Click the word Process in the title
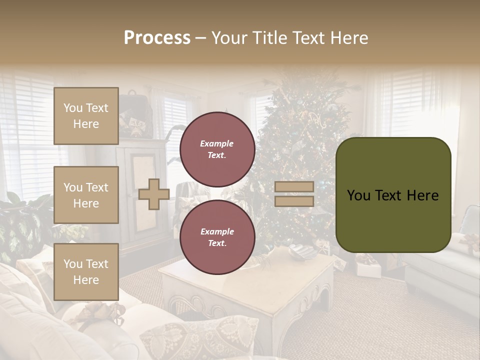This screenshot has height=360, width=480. [157, 38]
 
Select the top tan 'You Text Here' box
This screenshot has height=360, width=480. [86, 116]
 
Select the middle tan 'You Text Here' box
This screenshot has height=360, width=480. [86, 195]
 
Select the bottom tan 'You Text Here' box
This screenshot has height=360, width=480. [86, 271]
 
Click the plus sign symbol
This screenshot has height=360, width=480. [153, 194]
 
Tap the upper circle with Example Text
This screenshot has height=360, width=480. [217, 149]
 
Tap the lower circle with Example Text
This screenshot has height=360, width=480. [217, 237]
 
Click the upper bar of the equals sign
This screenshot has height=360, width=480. [294, 186]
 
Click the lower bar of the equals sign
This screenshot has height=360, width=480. [294, 201]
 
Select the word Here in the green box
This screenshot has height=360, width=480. [423, 195]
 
